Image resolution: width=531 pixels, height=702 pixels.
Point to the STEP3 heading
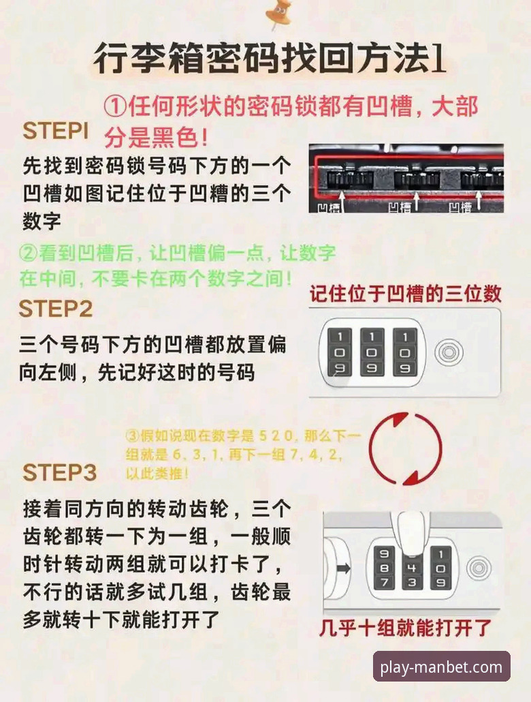tap(60, 472)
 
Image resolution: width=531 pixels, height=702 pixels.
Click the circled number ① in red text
tap(116, 107)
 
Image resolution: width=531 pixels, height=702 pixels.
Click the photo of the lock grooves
tap(406, 178)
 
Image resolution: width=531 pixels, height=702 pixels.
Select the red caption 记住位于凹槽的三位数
tap(406, 294)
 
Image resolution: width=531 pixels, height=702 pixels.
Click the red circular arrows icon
tap(406, 449)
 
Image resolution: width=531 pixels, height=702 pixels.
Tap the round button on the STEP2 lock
tap(447, 352)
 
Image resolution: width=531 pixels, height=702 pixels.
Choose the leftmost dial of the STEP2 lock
tap(340, 352)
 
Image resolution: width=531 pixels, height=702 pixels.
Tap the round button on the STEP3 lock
tap(479, 567)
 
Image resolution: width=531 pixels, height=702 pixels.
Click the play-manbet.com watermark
tap(441, 667)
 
